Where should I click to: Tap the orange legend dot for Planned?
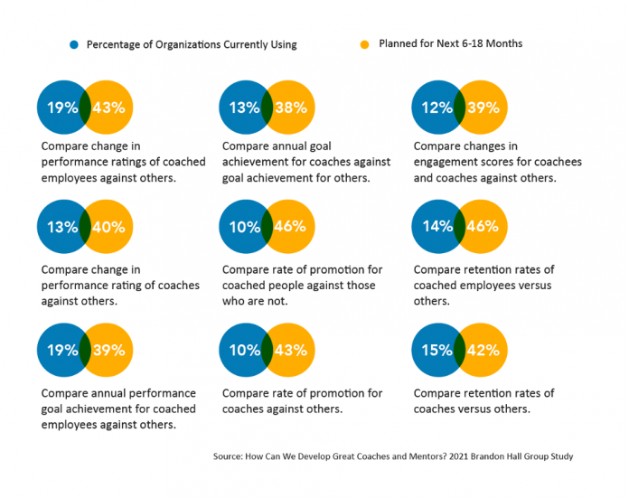tap(364, 44)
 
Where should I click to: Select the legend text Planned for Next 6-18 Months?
tap(450, 43)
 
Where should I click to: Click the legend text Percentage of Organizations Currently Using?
tap(192, 44)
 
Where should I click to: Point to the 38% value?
tap(290, 108)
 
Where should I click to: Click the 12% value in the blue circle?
tap(437, 108)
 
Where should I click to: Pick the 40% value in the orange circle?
tap(108, 227)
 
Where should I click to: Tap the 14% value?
tap(437, 227)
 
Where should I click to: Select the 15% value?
tap(437, 351)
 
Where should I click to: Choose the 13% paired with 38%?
tap(245, 108)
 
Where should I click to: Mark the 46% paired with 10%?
tap(290, 227)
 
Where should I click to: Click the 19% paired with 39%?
tap(62, 351)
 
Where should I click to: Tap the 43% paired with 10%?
tap(290, 351)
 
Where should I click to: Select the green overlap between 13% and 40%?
tap(85, 227)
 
